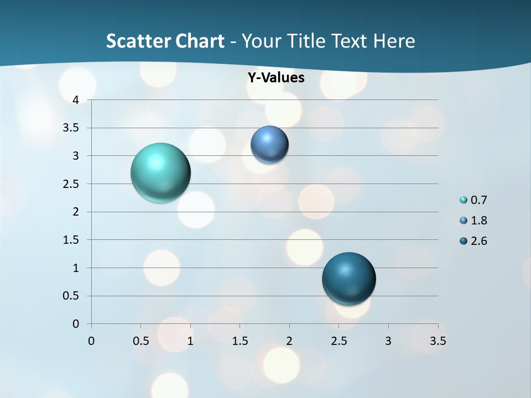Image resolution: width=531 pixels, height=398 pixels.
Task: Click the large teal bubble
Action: point(161,172)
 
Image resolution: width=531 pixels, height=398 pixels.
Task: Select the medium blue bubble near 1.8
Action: point(269,145)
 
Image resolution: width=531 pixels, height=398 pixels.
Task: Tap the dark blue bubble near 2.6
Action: point(348,279)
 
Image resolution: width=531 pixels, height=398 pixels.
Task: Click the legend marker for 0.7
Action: point(464,200)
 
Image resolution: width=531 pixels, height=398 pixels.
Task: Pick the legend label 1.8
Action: point(478,221)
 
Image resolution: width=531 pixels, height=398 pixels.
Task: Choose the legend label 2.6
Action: point(478,241)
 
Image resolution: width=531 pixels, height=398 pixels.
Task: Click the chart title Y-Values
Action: point(275,78)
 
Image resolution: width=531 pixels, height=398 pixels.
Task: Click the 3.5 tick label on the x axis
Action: point(438,341)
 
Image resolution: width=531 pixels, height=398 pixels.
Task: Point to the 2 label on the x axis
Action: point(289,341)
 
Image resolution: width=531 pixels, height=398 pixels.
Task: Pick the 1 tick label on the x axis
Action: point(190,341)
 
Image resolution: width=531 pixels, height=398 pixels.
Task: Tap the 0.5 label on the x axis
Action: point(140,341)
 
